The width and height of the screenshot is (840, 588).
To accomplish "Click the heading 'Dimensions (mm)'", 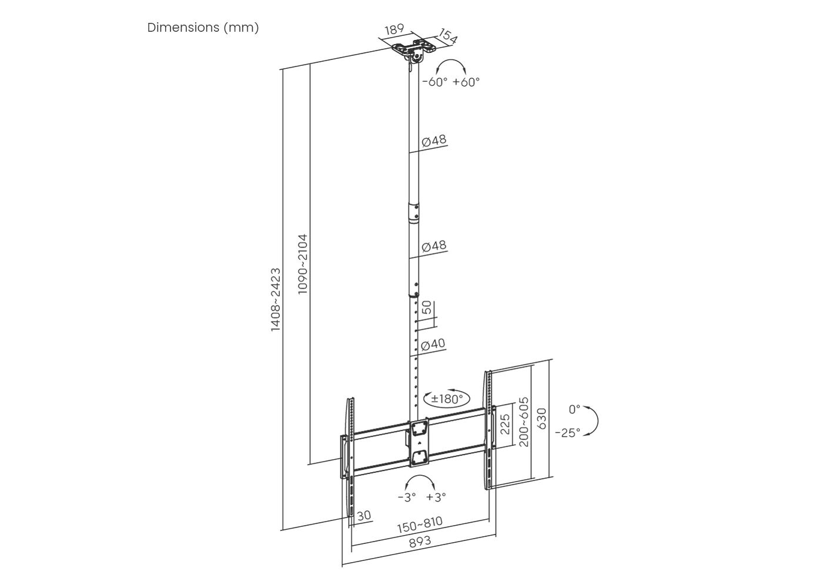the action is pyautogui.click(x=203, y=28).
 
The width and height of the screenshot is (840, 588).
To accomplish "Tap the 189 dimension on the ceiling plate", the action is pyautogui.click(x=394, y=29).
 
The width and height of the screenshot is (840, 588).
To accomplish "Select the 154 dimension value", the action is pyautogui.click(x=448, y=36).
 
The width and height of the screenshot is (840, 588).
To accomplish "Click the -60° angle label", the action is pyautogui.click(x=435, y=82).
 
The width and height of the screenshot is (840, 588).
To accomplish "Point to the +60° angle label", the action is pyautogui.click(x=466, y=82).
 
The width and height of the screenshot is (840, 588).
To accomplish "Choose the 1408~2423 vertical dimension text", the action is pyautogui.click(x=276, y=300).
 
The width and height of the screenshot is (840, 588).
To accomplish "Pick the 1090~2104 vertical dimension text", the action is pyautogui.click(x=302, y=264).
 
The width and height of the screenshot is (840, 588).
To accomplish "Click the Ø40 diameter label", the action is pyautogui.click(x=433, y=344).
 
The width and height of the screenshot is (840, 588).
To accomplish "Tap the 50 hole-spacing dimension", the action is pyautogui.click(x=427, y=308).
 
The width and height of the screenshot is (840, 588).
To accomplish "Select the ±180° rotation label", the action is pyautogui.click(x=447, y=399).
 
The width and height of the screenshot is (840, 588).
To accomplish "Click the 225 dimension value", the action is pyautogui.click(x=505, y=424).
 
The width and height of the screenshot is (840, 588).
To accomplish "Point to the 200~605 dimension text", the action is pyautogui.click(x=524, y=422).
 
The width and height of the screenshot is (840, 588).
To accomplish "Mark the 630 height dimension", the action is pyautogui.click(x=542, y=419).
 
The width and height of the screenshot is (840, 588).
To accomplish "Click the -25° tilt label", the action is pyautogui.click(x=567, y=433).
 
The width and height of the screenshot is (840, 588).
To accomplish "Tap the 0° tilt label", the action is pyautogui.click(x=574, y=409).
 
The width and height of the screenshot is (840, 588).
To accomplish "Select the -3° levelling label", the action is pyautogui.click(x=407, y=497).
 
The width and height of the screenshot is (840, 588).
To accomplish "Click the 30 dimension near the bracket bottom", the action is pyautogui.click(x=364, y=516).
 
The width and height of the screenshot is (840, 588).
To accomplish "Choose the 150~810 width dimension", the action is pyautogui.click(x=420, y=524).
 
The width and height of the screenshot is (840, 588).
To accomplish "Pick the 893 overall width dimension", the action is pyautogui.click(x=420, y=542).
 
